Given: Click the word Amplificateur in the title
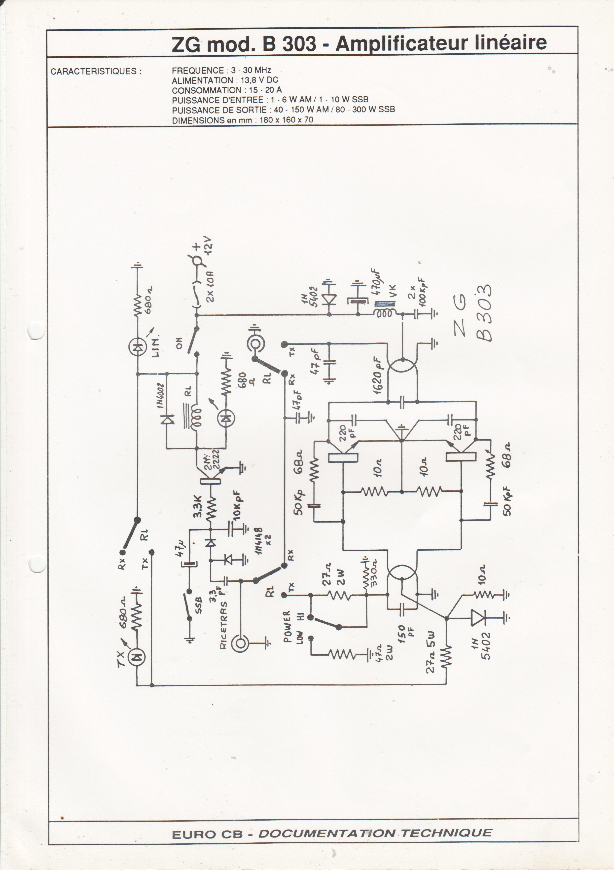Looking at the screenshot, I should click(401, 43).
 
